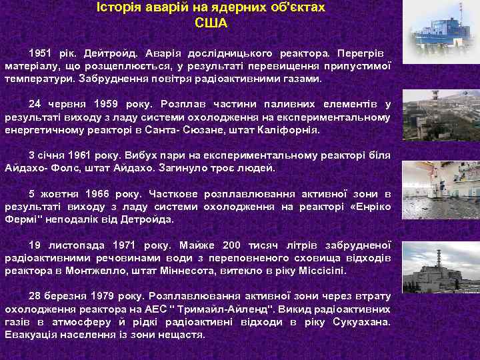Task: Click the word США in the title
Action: tap(211, 24)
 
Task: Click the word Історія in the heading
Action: tap(119, 8)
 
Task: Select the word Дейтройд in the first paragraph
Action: tap(108, 52)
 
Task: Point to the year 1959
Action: tap(110, 104)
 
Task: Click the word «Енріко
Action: tap(370, 206)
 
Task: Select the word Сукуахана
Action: tap(361, 322)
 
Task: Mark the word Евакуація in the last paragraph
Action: tap(32, 335)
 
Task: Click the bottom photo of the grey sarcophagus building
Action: tap(440, 271)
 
